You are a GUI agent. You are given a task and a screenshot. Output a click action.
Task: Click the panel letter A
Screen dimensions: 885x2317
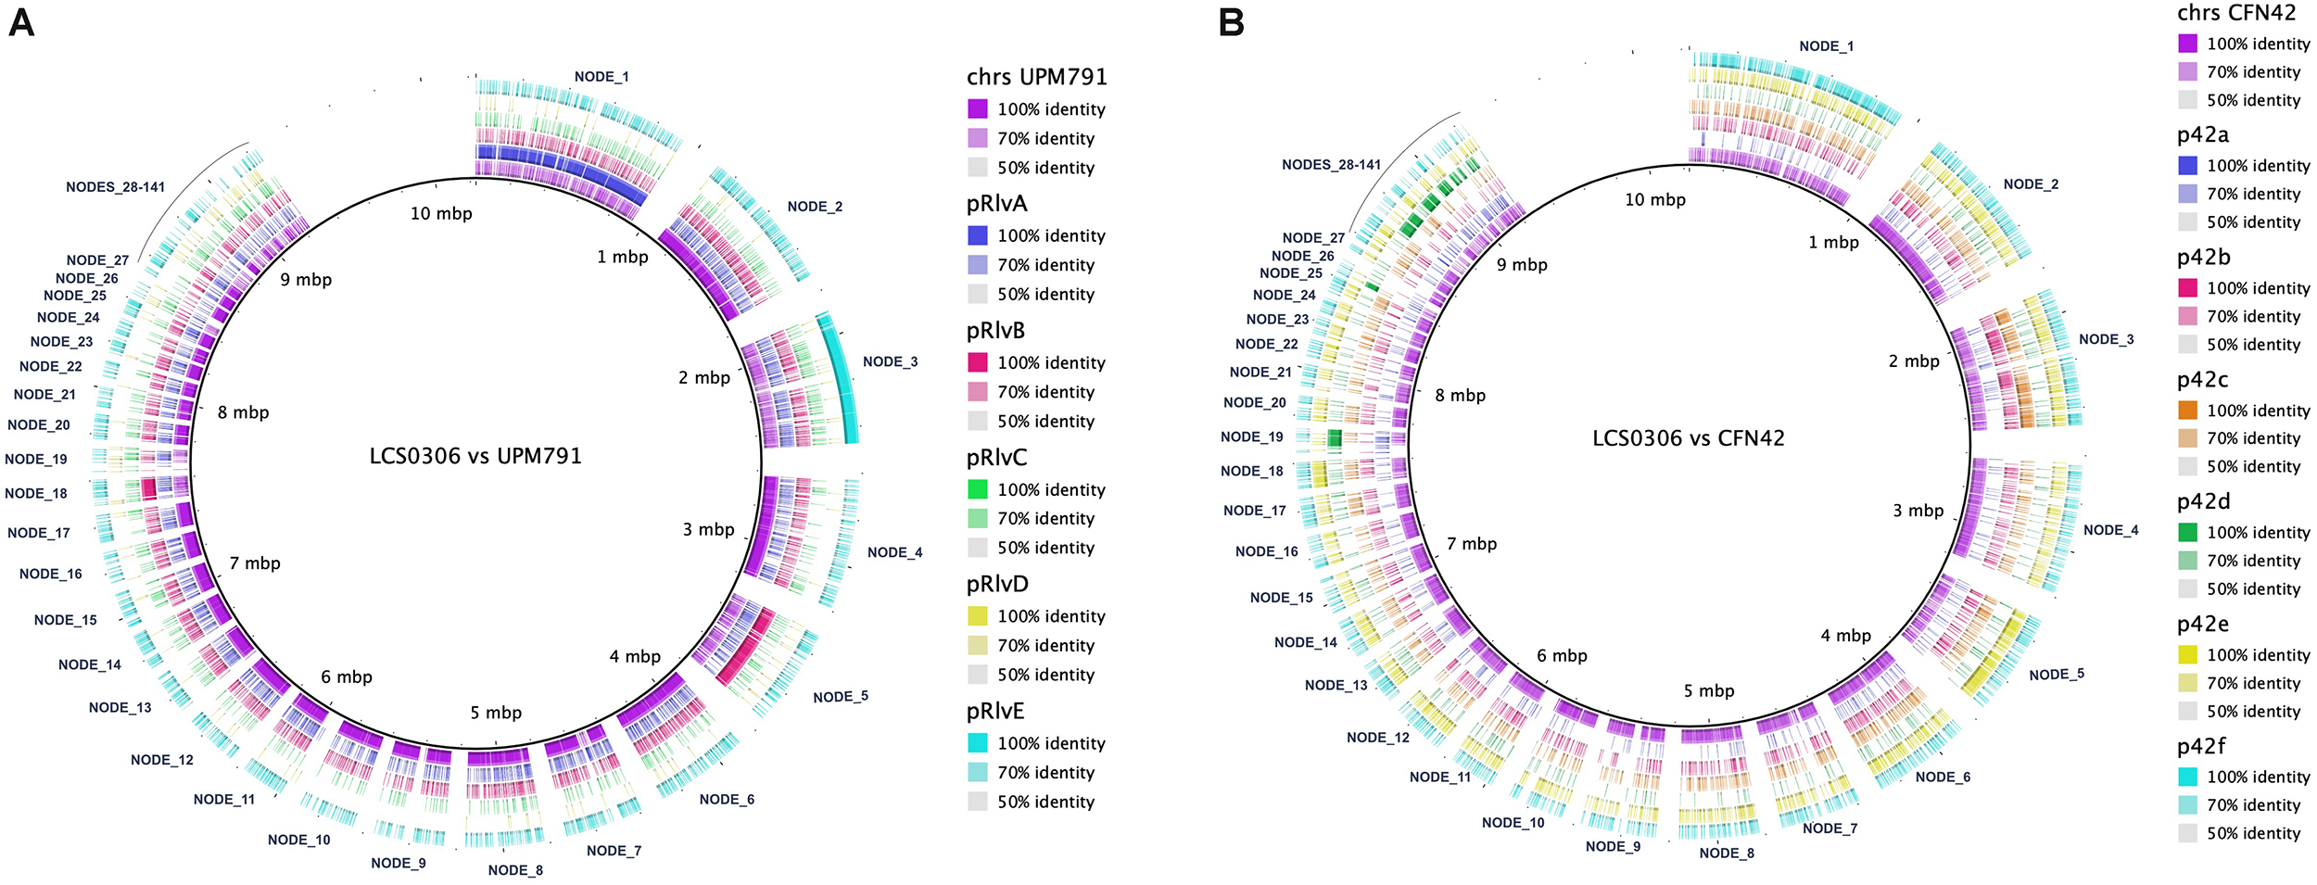tap(20, 22)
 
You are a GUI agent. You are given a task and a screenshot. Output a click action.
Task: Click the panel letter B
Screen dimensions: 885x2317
tap(1231, 22)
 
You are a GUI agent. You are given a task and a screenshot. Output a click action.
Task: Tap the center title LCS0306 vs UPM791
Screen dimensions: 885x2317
tap(475, 456)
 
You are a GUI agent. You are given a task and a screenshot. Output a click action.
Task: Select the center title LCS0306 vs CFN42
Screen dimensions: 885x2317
tap(1688, 438)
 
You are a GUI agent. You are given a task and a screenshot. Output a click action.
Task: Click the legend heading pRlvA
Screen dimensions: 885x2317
tap(996, 204)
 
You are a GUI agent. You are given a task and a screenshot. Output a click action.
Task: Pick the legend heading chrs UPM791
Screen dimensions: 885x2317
tap(1036, 77)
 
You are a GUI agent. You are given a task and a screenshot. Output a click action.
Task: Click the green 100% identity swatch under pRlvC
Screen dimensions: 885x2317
tap(977, 489)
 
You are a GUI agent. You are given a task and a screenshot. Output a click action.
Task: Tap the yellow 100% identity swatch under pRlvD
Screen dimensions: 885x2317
tap(977, 616)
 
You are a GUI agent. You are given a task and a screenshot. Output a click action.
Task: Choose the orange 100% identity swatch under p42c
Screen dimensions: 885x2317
tap(2187, 410)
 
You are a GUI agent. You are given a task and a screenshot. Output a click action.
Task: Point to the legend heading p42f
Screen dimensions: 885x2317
tap(2201, 746)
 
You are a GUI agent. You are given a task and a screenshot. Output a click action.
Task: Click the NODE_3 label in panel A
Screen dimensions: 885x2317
tap(890, 362)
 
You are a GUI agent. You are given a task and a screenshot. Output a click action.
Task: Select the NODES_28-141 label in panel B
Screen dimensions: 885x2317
tap(1331, 165)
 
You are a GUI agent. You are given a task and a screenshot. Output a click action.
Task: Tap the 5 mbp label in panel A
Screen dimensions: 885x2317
tap(496, 713)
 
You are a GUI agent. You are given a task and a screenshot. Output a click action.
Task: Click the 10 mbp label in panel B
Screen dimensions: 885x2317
tap(1654, 199)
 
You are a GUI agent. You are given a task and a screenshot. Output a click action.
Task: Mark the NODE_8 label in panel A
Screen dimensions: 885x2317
tap(515, 870)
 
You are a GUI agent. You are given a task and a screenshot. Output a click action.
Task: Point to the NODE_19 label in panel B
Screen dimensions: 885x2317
tap(1251, 437)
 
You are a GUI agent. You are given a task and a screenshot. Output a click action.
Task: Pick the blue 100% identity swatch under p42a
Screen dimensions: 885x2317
tap(2187, 165)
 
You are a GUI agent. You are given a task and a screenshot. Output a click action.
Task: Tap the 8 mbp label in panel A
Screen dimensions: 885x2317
tap(243, 412)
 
